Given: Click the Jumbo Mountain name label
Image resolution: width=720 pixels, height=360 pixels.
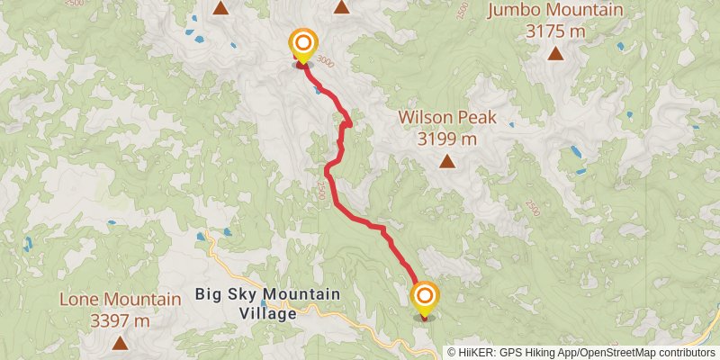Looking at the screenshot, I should pos(555,11).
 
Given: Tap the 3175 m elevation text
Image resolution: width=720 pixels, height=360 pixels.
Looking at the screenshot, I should pos(555,31).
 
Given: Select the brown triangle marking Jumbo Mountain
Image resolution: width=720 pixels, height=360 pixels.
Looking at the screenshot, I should pos(556,53).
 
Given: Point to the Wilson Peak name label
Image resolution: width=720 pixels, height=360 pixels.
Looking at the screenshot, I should pos(447,118).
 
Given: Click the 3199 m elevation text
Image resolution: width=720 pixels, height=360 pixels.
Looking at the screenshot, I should pos(447,139).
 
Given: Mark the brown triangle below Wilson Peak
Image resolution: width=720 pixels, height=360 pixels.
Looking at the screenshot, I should pos(447,161).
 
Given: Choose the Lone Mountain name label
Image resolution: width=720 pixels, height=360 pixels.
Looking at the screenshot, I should pos(121,300).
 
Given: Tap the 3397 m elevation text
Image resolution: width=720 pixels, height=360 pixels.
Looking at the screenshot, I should pos(121,320).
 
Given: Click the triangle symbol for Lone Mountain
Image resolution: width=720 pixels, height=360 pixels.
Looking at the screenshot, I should pos(121,342).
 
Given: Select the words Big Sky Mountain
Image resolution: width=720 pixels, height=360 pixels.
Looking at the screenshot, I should pos(268,295).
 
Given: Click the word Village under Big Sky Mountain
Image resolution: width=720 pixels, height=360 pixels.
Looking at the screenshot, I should pos(268,314).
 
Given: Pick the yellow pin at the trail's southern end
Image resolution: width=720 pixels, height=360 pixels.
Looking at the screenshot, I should pos(425,298).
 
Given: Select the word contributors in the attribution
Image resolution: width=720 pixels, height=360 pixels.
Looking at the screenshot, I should pos(685,352).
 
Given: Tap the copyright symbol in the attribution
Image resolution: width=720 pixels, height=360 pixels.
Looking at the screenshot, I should pos(452,352).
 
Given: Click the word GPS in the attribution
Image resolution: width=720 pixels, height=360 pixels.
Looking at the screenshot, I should pos(510,352).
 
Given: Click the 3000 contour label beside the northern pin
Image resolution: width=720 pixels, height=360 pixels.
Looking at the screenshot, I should pos(326,61).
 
